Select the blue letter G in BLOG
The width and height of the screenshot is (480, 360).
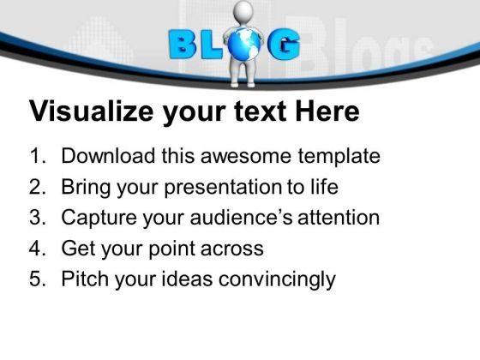284,45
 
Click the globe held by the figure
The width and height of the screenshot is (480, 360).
243,45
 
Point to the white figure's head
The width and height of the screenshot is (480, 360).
243,11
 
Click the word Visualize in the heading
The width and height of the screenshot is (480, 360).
91,111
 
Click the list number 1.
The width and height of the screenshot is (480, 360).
38,156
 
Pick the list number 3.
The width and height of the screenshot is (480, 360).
38,218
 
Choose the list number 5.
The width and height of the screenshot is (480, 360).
38,279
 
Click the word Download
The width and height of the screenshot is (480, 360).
108,155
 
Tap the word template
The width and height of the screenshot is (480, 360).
339,156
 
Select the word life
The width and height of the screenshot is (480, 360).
325,186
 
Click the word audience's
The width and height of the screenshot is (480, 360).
241,218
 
